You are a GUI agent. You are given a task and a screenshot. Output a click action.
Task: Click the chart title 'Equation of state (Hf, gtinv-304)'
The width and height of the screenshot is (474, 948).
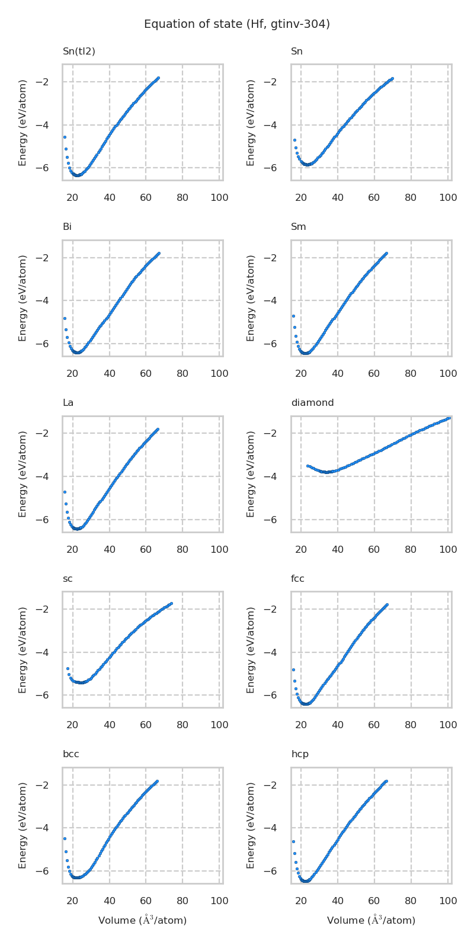tap(237, 24)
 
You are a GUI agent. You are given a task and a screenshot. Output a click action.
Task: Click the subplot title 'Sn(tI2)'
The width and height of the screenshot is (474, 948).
tap(79, 52)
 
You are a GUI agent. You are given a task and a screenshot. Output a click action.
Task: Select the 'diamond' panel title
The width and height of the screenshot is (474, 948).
tap(312, 403)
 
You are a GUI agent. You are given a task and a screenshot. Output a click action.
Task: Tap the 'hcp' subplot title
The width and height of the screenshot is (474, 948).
tap(300, 754)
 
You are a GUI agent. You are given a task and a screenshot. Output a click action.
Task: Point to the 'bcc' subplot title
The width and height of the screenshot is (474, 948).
tap(71, 754)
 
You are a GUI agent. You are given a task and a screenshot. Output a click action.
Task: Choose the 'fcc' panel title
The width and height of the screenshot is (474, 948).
tap(297, 579)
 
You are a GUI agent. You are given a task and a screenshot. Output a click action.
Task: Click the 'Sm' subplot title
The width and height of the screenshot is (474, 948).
tap(299, 227)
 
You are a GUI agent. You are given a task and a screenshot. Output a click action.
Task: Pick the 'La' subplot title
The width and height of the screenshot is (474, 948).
tap(68, 403)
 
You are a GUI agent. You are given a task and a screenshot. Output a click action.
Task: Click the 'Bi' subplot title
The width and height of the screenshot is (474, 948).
tap(68, 227)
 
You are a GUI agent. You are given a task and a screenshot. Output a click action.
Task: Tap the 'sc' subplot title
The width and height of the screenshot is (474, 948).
tap(68, 579)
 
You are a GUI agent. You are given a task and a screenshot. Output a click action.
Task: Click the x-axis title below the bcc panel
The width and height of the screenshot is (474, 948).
tap(142, 920)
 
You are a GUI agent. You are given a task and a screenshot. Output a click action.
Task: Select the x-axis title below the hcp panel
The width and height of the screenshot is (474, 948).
tap(371, 920)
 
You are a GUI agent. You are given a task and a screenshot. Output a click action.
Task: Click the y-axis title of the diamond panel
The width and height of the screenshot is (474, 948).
tap(251, 474)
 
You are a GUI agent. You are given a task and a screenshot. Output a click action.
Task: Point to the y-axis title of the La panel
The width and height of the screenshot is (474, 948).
tap(23, 474)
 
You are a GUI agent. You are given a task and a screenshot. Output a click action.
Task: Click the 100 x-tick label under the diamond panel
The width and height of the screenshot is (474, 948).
tap(448, 550)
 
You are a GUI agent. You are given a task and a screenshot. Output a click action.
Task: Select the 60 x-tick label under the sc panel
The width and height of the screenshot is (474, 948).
tap(146, 725)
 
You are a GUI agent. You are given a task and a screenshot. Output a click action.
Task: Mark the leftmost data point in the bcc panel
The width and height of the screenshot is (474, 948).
tap(65, 838)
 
